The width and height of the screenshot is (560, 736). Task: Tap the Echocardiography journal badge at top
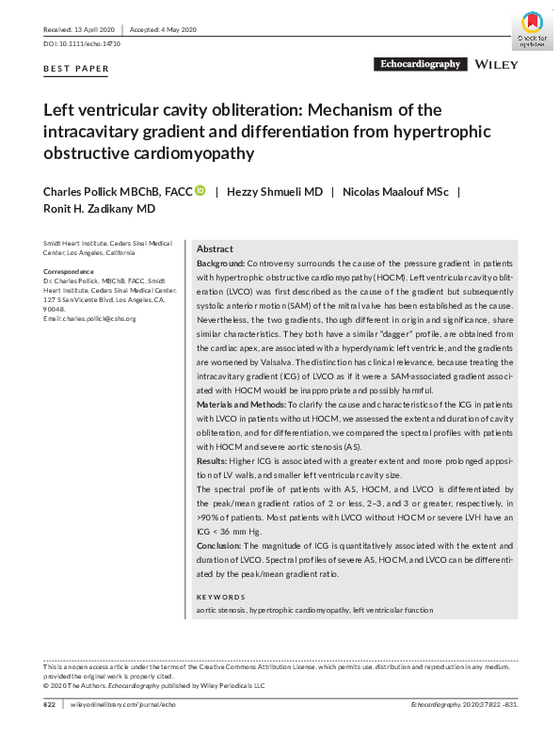tap(419, 65)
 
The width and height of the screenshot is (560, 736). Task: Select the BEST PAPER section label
tap(76, 69)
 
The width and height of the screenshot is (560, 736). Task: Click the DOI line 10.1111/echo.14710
tap(82, 45)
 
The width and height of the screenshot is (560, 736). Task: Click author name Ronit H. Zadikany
tap(100, 209)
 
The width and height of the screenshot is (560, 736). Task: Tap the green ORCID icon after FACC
tap(200, 191)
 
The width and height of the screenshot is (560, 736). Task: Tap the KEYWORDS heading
tap(220, 597)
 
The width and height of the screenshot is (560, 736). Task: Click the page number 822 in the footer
tap(51, 704)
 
